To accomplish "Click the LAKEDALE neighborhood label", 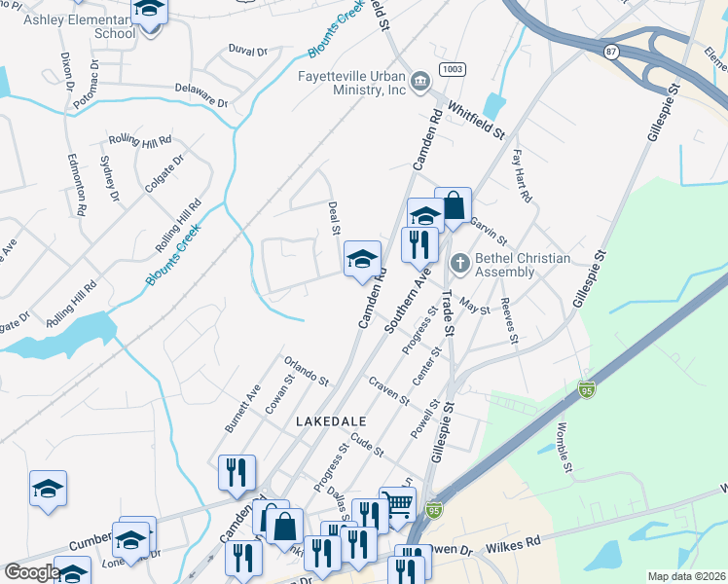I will [331, 420].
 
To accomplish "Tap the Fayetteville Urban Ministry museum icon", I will [421, 79].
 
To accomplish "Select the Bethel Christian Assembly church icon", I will [459, 263].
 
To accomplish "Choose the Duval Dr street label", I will [247, 50].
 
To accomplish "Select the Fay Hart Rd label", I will [523, 175].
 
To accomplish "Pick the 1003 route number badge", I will [451, 69].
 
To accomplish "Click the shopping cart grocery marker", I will [397, 504].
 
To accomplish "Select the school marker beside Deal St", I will [362, 258].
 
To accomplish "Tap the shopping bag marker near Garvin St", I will [453, 204].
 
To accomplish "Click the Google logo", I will [31, 572].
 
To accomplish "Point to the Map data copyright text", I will [685, 576].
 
